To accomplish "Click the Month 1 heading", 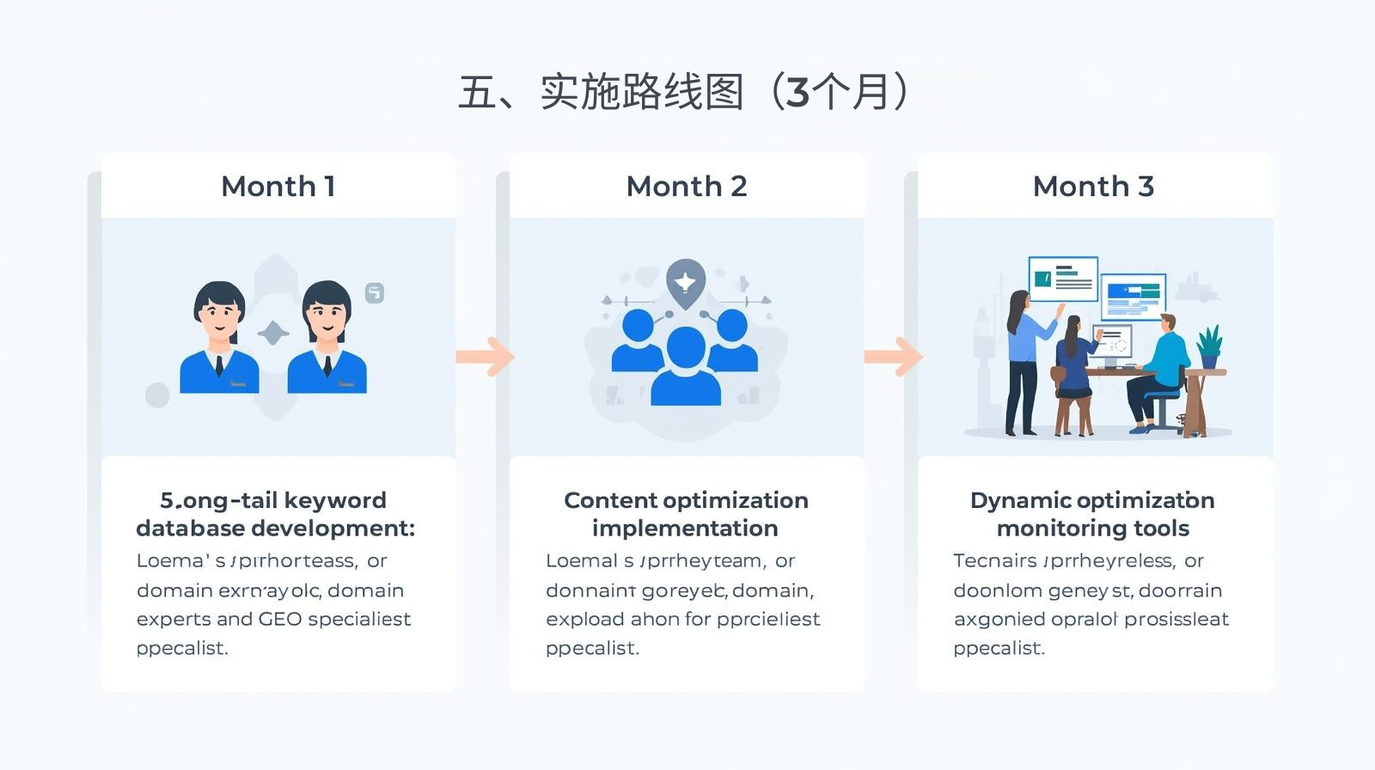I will pyautogui.click(x=278, y=186).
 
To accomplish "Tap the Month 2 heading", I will pyautogui.click(x=686, y=186).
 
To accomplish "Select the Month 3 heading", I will pyautogui.click(x=1093, y=186).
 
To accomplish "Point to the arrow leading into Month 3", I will pyautogui.click(x=894, y=356).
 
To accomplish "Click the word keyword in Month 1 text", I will pyautogui.click(x=334, y=500).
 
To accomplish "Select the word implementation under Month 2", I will pyautogui.click(x=685, y=528).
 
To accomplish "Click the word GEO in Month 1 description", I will pyautogui.click(x=280, y=619).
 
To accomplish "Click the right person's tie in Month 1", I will pyautogui.click(x=327, y=365).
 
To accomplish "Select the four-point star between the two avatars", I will pyautogui.click(x=273, y=333).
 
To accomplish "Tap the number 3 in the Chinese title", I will pyautogui.click(x=797, y=92).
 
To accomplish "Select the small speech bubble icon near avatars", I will pyautogui.click(x=375, y=293).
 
